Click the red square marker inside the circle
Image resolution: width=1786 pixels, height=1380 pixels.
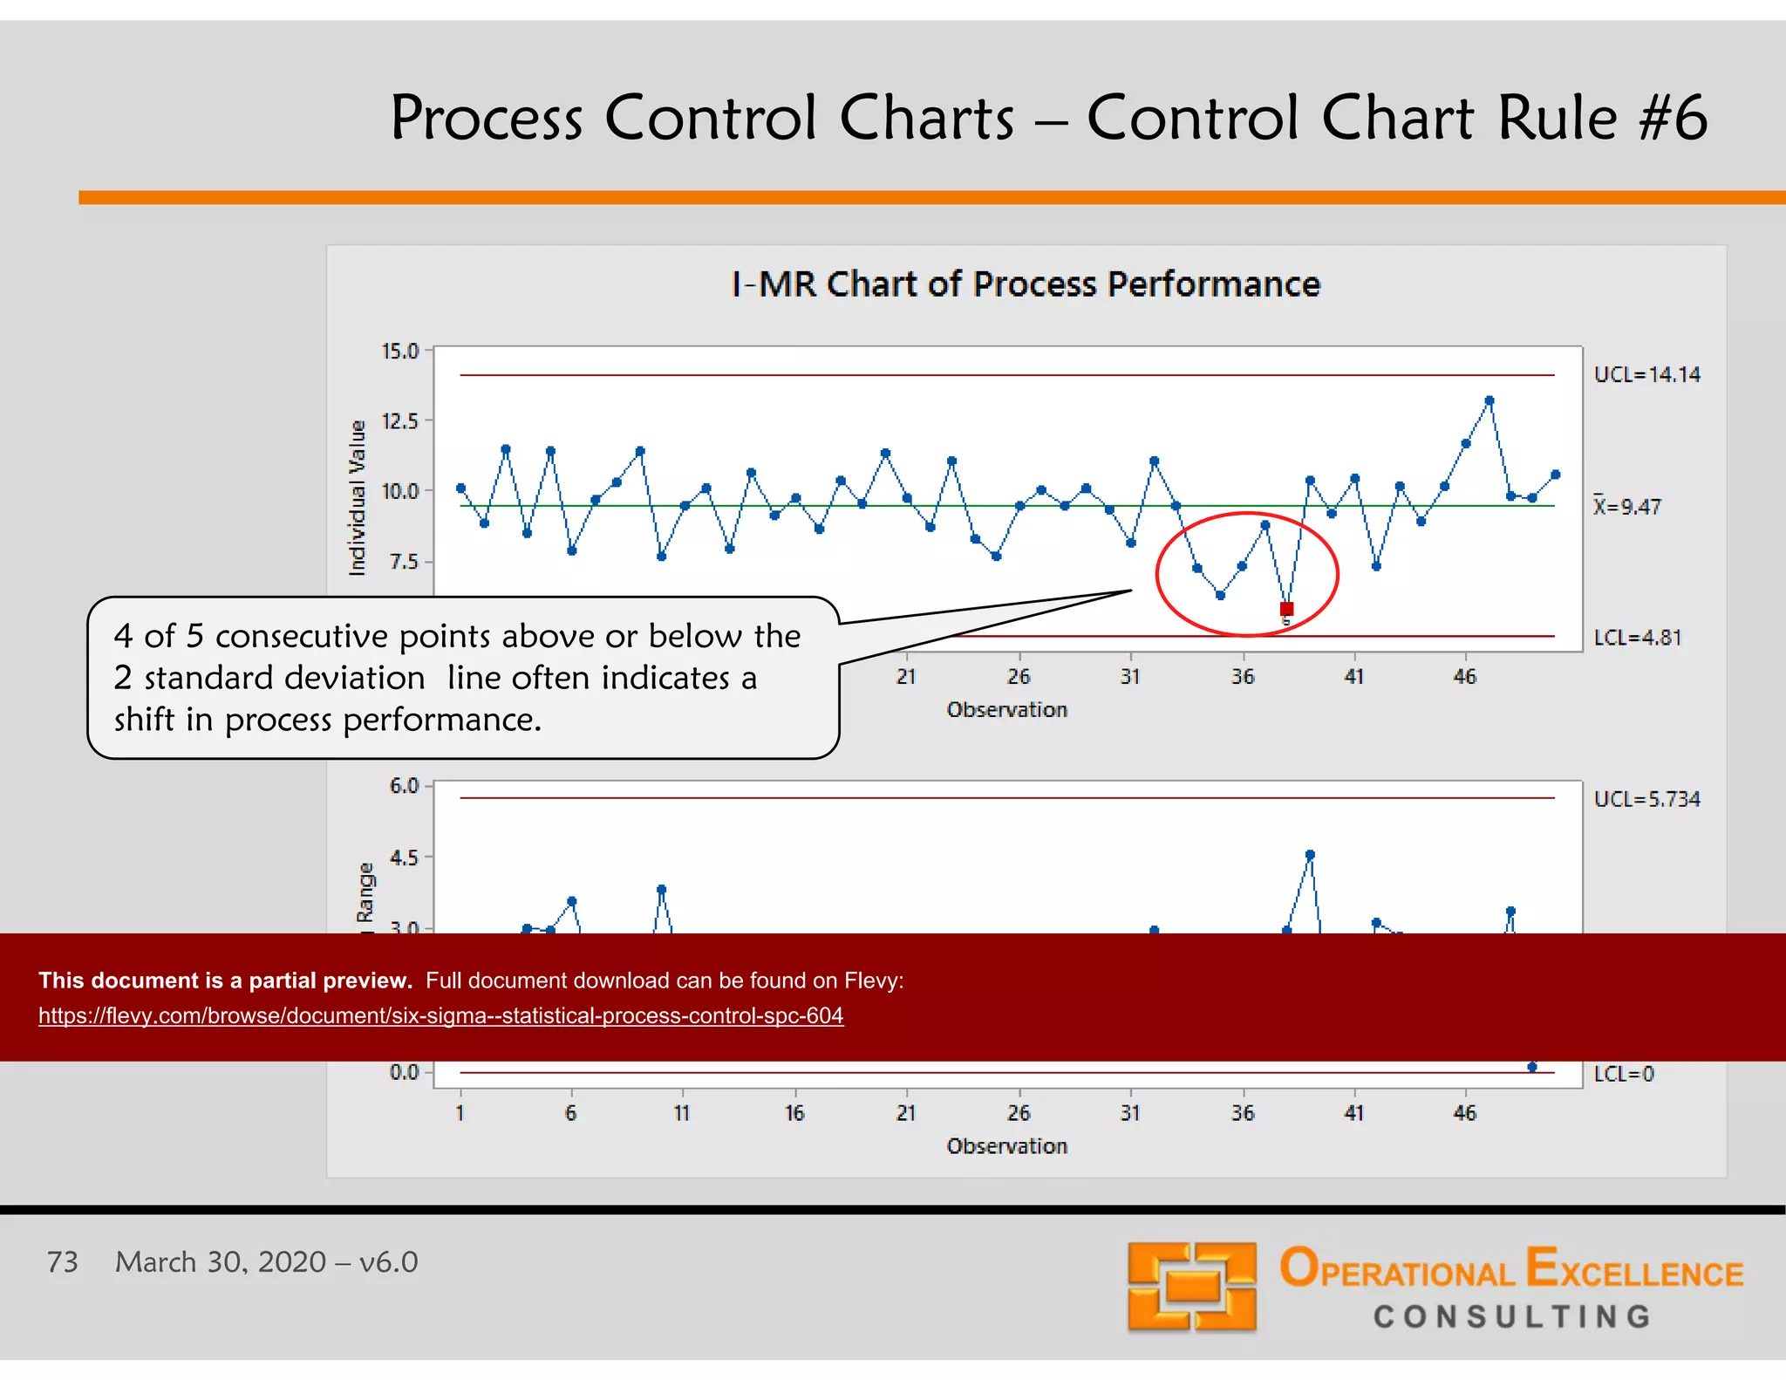1286,609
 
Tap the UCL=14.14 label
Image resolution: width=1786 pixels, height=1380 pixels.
1646,375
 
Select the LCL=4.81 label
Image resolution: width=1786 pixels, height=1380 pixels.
1637,638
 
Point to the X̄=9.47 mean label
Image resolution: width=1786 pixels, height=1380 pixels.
1627,507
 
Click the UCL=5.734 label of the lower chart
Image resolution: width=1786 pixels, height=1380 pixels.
1646,799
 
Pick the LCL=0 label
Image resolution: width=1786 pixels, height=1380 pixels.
1623,1074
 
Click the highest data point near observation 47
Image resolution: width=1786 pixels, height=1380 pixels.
1489,401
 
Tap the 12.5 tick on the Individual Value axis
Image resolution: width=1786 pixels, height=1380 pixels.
400,421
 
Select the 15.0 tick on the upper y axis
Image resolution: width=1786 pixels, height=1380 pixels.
400,352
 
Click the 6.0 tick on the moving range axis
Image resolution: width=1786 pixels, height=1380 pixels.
405,786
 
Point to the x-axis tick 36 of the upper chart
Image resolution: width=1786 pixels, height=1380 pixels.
1243,677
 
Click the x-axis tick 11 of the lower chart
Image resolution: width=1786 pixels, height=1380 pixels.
682,1113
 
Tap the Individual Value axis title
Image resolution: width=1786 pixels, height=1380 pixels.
358,498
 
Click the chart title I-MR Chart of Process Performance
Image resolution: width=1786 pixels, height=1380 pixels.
1026,284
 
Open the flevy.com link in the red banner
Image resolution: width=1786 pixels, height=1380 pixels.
440,1016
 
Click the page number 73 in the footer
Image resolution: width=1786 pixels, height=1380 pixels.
62,1262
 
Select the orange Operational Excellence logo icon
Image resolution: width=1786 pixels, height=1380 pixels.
1191,1287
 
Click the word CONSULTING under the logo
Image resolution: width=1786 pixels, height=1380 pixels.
1512,1316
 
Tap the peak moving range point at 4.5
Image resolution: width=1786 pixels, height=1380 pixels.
1310,856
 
